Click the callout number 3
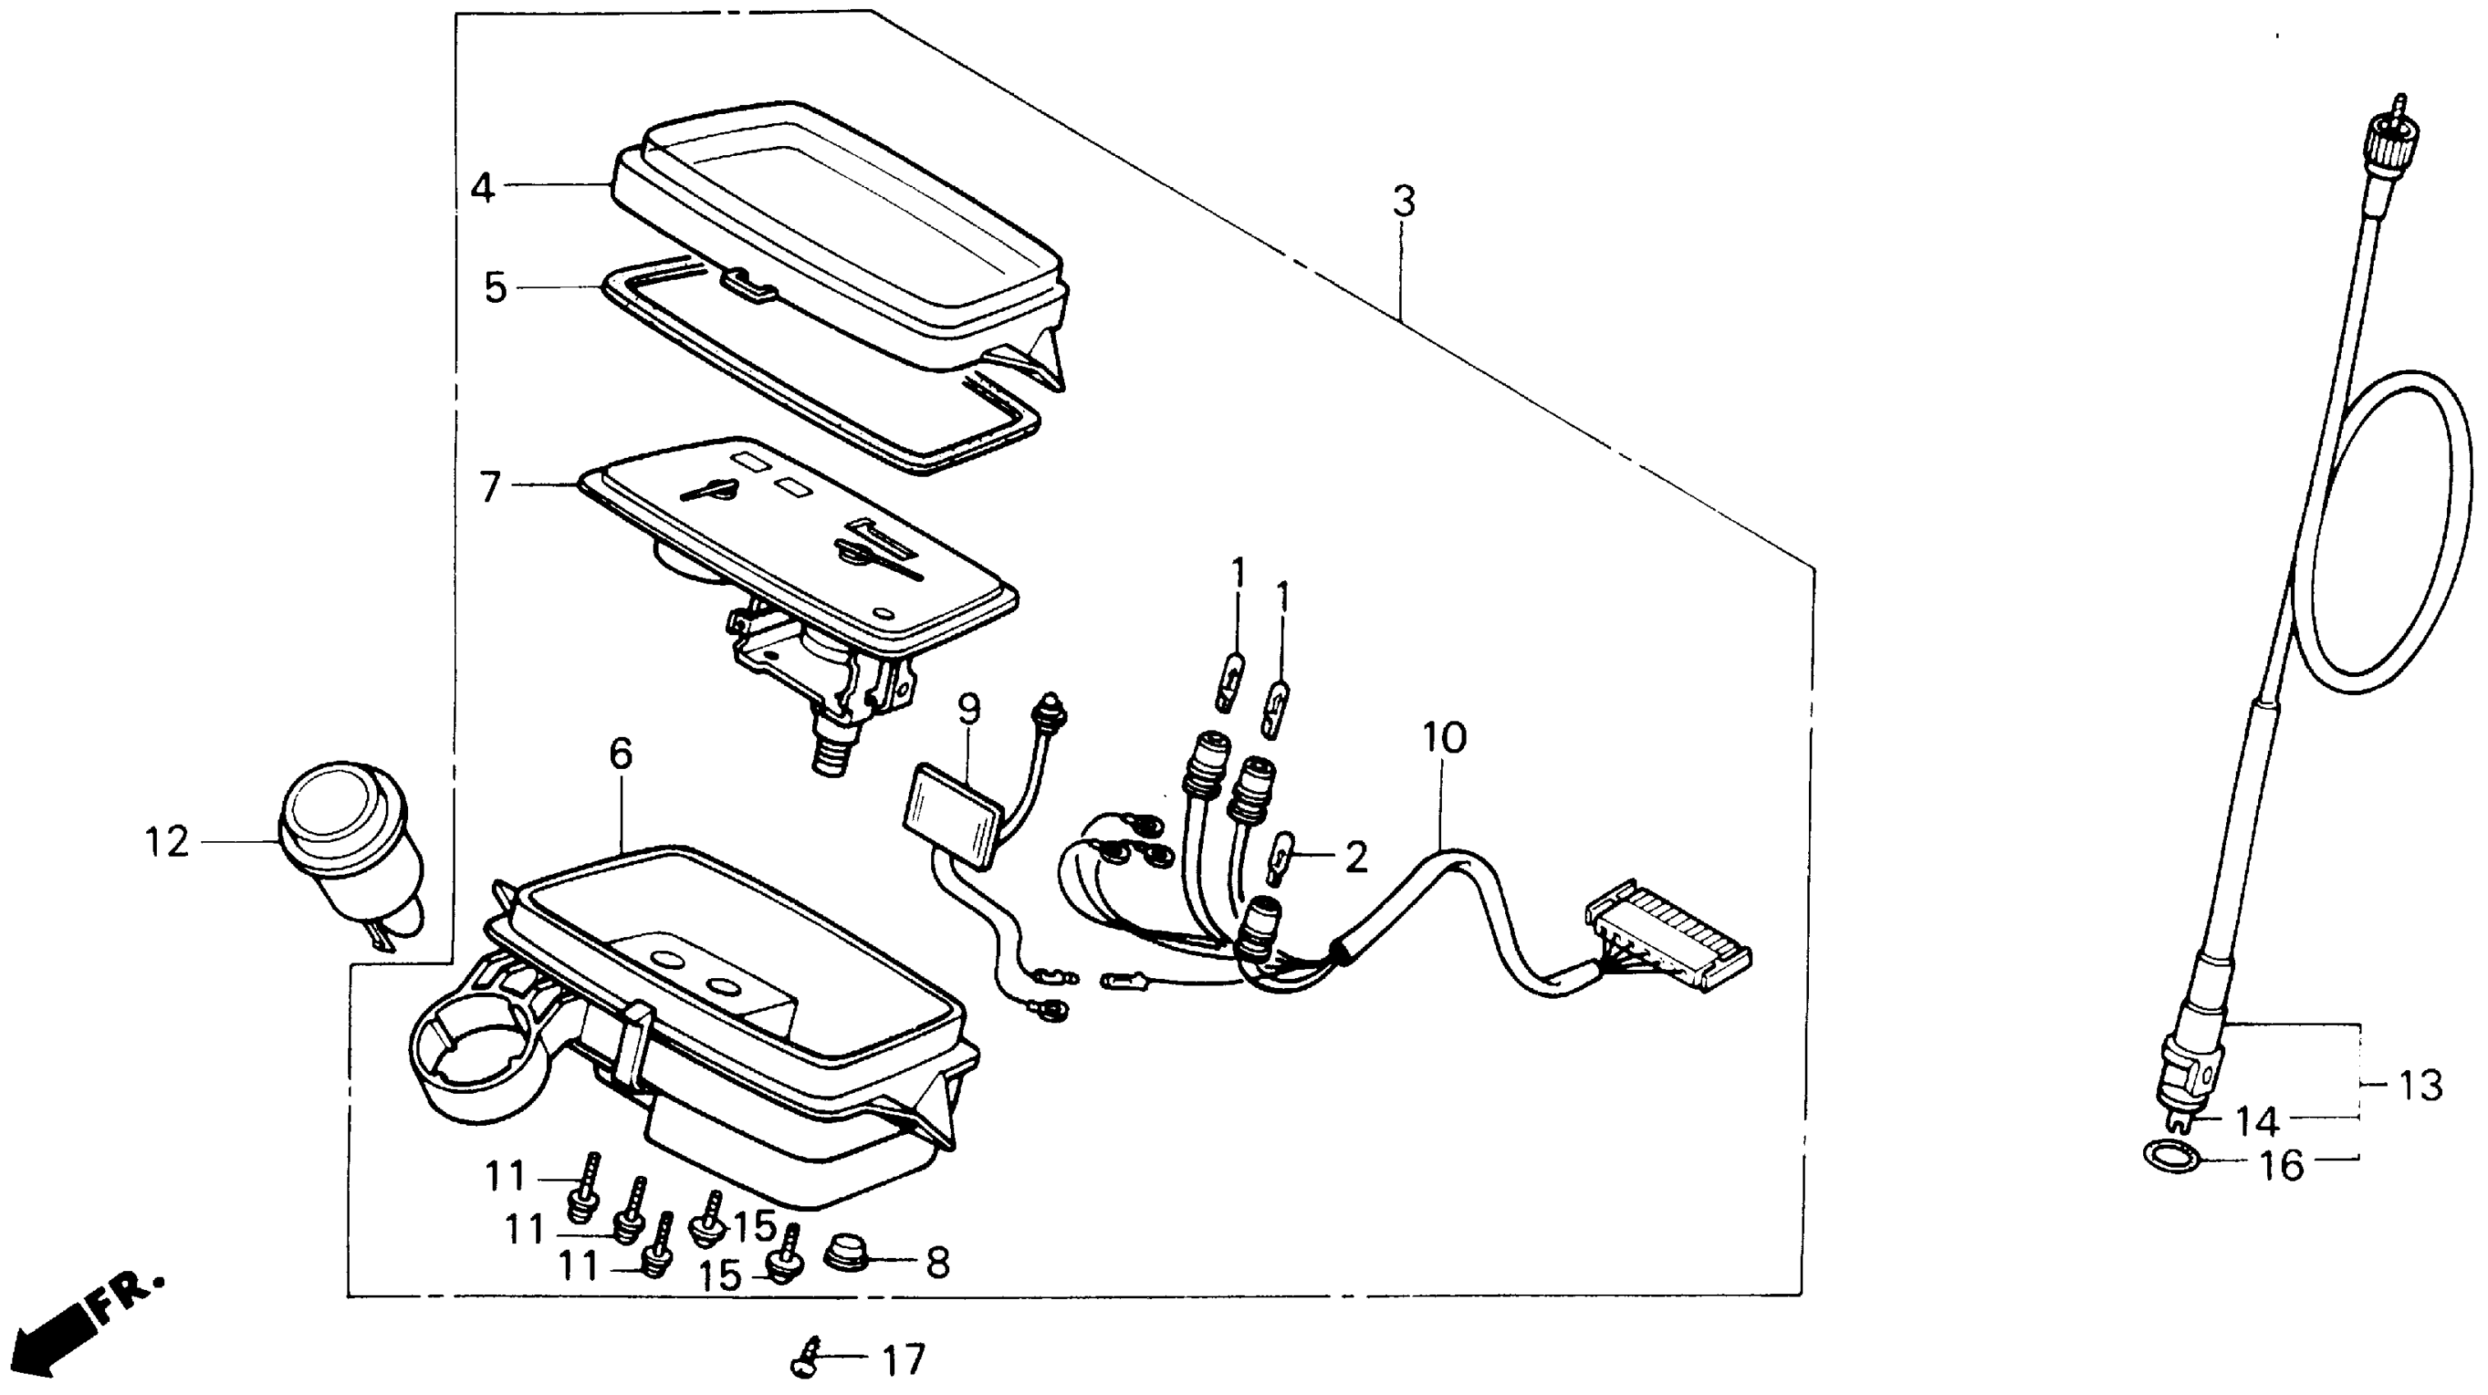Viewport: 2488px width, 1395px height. pyautogui.click(x=1403, y=203)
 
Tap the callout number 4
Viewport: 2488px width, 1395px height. pyautogui.click(x=483, y=186)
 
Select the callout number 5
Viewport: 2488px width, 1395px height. pyautogui.click(x=495, y=288)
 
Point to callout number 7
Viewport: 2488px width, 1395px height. pyautogui.click(x=491, y=487)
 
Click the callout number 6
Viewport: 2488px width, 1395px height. pyautogui.click(x=620, y=754)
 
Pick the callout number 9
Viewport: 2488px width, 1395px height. pyautogui.click(x=969, y=710)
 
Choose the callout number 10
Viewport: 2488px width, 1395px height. pyautogui.click(x=1444, y=738)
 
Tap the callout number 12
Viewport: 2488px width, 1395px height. pyautogui.click(x=166, y=843)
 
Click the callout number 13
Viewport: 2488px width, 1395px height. pyautogui.click(x=2421, y=1086)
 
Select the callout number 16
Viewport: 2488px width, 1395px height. pyautogui.click(x=2281, y=1165)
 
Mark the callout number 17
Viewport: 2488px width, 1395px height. pyautogui.click(x=904, y=1361)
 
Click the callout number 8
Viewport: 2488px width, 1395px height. pyautogui.click(x=937, y=1263)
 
